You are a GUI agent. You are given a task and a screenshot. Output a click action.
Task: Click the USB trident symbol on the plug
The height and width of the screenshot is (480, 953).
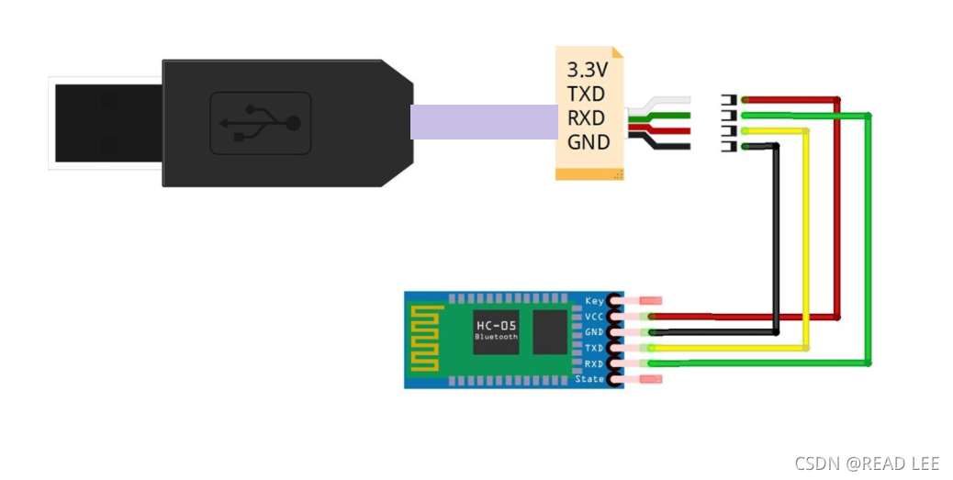pos(261,123)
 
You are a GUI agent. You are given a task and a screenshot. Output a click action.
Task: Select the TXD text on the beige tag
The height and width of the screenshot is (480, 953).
pos(586,94)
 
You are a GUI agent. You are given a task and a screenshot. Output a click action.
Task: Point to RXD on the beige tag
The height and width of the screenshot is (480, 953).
pos(586,117)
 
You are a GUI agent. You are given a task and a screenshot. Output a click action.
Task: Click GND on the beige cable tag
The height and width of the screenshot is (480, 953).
pos(588,142)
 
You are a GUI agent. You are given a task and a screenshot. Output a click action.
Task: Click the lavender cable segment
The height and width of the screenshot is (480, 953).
pos(484,122)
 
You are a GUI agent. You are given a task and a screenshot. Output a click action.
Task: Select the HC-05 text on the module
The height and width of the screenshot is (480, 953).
pos(496,326)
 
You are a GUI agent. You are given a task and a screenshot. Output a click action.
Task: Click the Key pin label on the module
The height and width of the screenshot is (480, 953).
pos(594,301)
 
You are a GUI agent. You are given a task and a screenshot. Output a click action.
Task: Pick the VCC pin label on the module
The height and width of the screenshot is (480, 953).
pos(594,317)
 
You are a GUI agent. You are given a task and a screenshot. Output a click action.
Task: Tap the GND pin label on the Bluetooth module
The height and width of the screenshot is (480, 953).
pos(594,332)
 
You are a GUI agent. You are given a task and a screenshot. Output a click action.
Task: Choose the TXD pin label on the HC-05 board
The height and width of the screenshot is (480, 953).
pos(594,348)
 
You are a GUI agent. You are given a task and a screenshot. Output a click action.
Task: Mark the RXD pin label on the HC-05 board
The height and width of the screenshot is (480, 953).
pos(594,363)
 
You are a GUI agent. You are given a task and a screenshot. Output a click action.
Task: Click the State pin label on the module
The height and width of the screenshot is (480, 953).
pos(589,379)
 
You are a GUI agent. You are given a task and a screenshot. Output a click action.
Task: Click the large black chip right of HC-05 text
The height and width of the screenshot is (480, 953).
pos(551,330)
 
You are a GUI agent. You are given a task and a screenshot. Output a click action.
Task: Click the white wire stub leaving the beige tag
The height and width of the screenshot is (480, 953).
pos(666,101)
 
